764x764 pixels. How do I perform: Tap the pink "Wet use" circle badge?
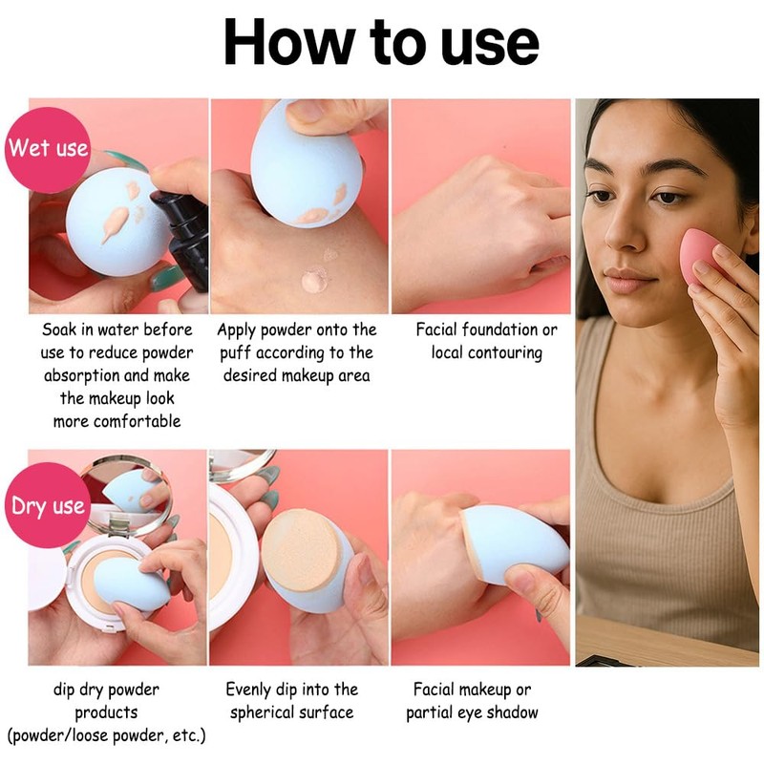click(x=48, y=148)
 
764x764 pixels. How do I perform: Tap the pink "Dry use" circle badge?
click(x=48, y=506)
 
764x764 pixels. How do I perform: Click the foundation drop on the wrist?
click(x=315, y=280)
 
